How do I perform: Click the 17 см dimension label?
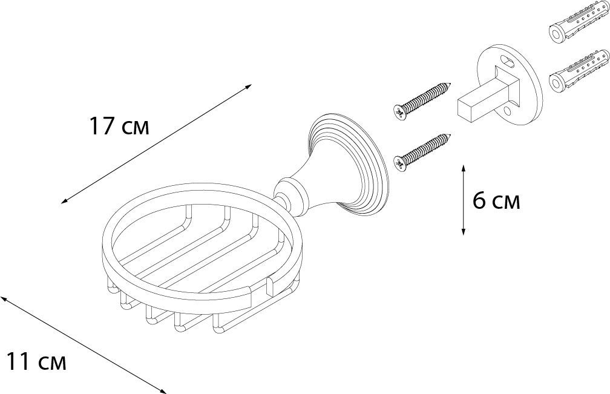(x=119, y=126)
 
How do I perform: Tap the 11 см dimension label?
(x=36, y=361)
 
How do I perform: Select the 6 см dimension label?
(x=496, y=201)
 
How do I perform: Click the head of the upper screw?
(x=400, y=111)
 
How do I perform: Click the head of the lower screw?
(x=401, y=163)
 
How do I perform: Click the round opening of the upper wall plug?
(x=556, y=35)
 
